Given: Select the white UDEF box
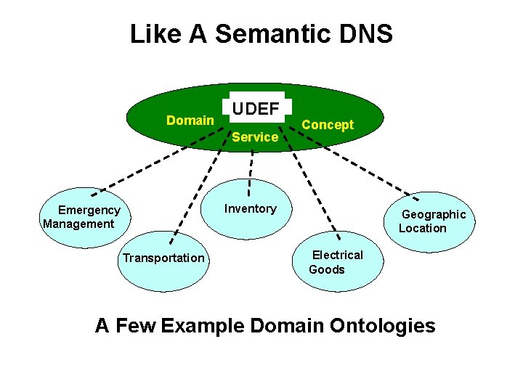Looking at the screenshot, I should pos(256,110).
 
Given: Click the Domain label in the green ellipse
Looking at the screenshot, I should pos(190,121).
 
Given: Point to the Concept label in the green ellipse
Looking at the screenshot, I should pos(328,125).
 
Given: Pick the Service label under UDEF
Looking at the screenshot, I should pos(255,137).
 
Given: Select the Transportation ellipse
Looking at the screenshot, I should pos(163,258).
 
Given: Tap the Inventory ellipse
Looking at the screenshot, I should pos(251,209).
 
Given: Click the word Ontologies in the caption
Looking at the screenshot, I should pos(383,325).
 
